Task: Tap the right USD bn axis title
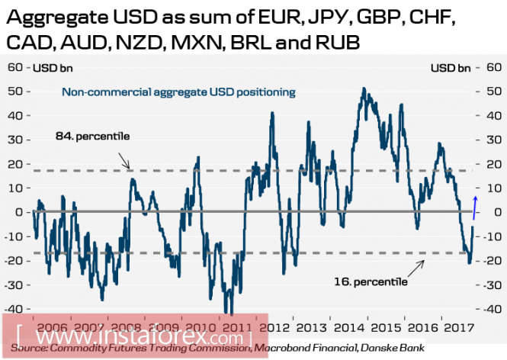[451, 69]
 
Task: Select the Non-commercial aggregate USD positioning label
[178, 93]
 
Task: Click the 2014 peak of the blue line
[364, 89]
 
